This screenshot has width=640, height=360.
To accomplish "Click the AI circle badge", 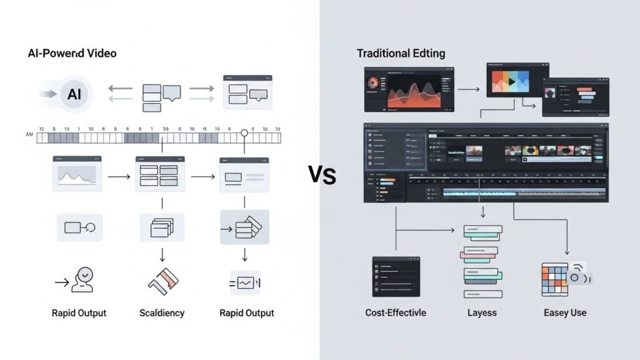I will click(x=74, y=95).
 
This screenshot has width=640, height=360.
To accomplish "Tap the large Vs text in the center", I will click(x=322, y=175).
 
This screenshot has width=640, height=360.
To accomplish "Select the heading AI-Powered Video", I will click(x=72, y=54).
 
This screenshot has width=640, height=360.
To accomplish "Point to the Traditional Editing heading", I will click(x=401, y=53).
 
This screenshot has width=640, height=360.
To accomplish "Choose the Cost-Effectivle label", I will click(x=396, y=312).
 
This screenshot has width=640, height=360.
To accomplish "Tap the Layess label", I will click(x=482, y=312).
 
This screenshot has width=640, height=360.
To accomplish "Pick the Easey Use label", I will click(x=564, y=312).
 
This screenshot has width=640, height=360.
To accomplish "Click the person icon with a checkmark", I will click(x=82, y=279).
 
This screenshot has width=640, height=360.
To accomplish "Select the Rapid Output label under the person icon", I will click(x=79, y=312).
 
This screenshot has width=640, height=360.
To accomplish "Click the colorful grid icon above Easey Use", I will click(x=554, y=279).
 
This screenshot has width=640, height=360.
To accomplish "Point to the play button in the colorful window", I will click(x=511, y=81).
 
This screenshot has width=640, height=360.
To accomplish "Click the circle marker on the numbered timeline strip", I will click(x=244, y=132).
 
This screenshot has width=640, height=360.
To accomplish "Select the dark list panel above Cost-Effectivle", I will click(x=396, y=276).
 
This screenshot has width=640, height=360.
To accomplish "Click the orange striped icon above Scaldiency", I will click(x=164, y=281).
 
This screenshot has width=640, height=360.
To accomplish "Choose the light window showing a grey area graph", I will click(x=77, y=173).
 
